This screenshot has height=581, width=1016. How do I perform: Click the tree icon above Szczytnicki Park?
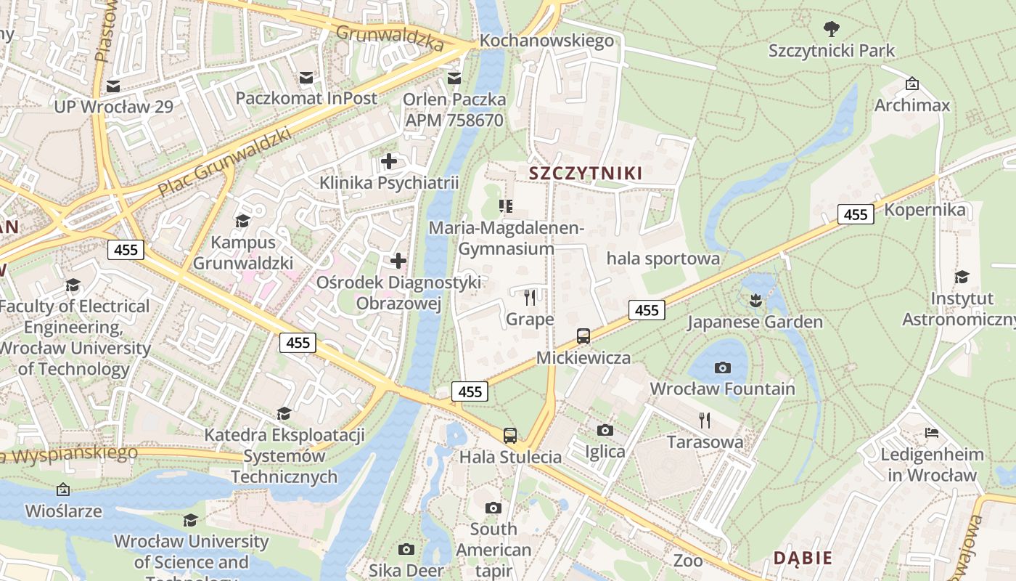832,29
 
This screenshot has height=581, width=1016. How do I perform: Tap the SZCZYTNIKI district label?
586,173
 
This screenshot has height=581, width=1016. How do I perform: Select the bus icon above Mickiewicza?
583,336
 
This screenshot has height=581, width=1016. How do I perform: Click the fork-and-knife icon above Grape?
530,297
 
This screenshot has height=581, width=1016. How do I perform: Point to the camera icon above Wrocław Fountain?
722,367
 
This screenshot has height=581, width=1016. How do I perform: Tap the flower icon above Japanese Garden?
755,299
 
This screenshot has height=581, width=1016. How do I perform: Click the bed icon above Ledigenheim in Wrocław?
933,433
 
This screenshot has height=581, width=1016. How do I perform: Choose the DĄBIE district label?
803,558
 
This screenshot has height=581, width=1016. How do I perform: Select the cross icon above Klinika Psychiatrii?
389,161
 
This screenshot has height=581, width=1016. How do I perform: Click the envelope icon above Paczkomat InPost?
306,77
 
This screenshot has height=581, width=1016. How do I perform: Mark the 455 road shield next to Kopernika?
856,214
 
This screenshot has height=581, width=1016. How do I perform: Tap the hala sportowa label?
663,259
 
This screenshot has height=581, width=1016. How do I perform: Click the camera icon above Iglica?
605,430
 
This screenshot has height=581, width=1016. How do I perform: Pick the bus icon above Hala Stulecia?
510,436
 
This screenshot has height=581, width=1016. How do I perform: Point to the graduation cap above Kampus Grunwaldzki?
242,221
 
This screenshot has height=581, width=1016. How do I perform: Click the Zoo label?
688,560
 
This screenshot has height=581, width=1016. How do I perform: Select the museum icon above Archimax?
912,84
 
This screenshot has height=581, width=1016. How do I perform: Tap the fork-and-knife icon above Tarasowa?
704,420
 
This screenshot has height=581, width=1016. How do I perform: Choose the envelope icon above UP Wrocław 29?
113,86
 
